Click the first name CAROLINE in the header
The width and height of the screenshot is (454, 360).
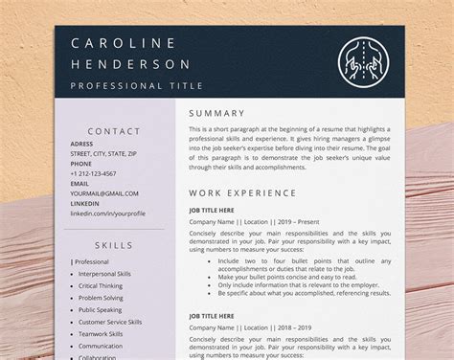pyautogui.click(x=124, y=44)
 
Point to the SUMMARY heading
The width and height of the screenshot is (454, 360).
pyautogui.click(x=217, y=113)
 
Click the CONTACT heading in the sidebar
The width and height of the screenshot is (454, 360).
pyautogui.click(x=114, y=131)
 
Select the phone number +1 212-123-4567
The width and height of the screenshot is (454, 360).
pyautogui.click(x=93, y=173)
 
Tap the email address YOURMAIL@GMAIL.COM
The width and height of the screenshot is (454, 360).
pyautogui.click(x=98, y=193)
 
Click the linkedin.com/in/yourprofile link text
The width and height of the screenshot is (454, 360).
pyautogui.click(x=107, y=214)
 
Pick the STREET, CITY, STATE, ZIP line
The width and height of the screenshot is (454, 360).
pyautogui.click(x=102, y=153)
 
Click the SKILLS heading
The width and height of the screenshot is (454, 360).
pyautogui.click(x=114, y=245)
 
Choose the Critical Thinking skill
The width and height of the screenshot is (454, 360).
pyautogui.click(x=100, y=285)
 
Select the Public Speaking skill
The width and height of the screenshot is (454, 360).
pyautogui.click(x=99, y=310)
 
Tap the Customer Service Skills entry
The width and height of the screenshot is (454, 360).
pyautogui.click(x=109, y=322)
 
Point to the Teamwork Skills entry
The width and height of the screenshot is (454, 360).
pyautogui.click(x=101, y=334)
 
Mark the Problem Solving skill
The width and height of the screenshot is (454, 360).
pyautogui.click(x=100, y=298)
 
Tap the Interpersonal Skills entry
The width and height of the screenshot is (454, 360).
pyautogui.click(x=104, y=274)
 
